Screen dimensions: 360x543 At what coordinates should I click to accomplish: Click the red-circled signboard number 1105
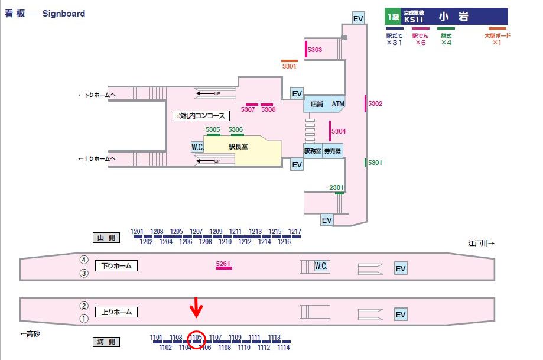tap(196, 338)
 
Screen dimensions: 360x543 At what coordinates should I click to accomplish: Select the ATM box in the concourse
tap(337, 104)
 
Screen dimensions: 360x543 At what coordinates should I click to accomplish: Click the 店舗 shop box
tap(317, 104)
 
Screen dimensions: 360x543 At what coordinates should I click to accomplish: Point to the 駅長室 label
tap(238, 146)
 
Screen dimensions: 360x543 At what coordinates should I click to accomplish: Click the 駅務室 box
tap(313, 151)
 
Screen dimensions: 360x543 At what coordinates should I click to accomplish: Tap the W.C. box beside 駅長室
tap(197, 147)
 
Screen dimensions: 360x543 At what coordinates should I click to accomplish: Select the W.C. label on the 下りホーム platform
tap(321, 266)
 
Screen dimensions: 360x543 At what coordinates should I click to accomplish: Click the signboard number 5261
tap(224, 262)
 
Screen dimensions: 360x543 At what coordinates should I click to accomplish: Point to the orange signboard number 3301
tap(289, 66)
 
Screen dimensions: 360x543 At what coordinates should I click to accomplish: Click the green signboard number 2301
tap(336, 187)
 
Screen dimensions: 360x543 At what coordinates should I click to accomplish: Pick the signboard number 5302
tap(375, 103)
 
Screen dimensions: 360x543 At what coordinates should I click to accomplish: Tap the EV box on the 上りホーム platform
tap(401, 314)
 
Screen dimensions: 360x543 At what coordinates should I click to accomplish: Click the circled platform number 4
tap(84, 260)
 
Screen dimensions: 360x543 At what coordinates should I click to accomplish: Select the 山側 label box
tap(106, 238)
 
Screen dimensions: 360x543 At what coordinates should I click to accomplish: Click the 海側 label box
tap(106, 342)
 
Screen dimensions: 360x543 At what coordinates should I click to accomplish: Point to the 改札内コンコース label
tap(200, 116)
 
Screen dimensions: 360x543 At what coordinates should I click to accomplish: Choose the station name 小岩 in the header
tap(453, 17)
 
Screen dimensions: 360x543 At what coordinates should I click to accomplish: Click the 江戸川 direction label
tap(480, 243)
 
